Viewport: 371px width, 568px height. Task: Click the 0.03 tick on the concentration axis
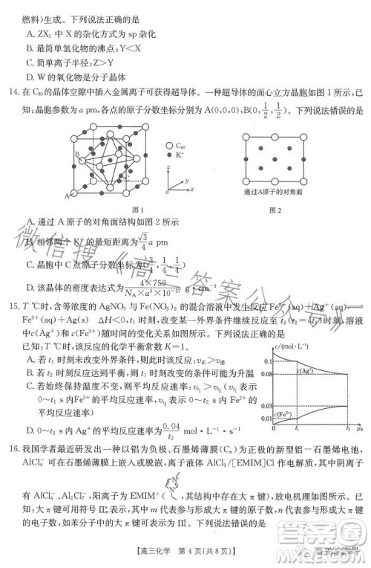tap(266, 406)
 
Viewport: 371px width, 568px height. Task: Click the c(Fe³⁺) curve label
tap(284, 413)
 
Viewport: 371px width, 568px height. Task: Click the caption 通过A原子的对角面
tap(275, 191)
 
